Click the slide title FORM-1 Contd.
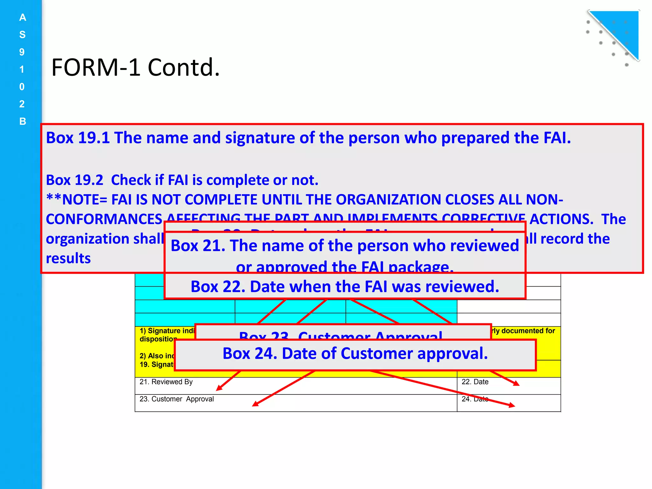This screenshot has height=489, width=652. [136, 67]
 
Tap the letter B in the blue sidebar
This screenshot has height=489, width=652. [22, 121]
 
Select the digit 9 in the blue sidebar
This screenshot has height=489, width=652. [22, 52]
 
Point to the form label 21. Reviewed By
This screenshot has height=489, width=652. [166, 382]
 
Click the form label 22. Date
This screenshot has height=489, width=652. [475, 382]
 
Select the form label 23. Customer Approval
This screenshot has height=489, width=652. [177, 399]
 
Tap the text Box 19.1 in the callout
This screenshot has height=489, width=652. [78, 138]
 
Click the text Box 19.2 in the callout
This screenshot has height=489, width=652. [74, 180]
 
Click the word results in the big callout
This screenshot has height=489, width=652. [68, 258]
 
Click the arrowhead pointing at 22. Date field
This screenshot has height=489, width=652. [516, 384]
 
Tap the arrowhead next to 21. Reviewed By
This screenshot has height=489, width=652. [219, 388]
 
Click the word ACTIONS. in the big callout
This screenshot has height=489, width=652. [561, 219]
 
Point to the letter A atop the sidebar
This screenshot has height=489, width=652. [22, 18]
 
